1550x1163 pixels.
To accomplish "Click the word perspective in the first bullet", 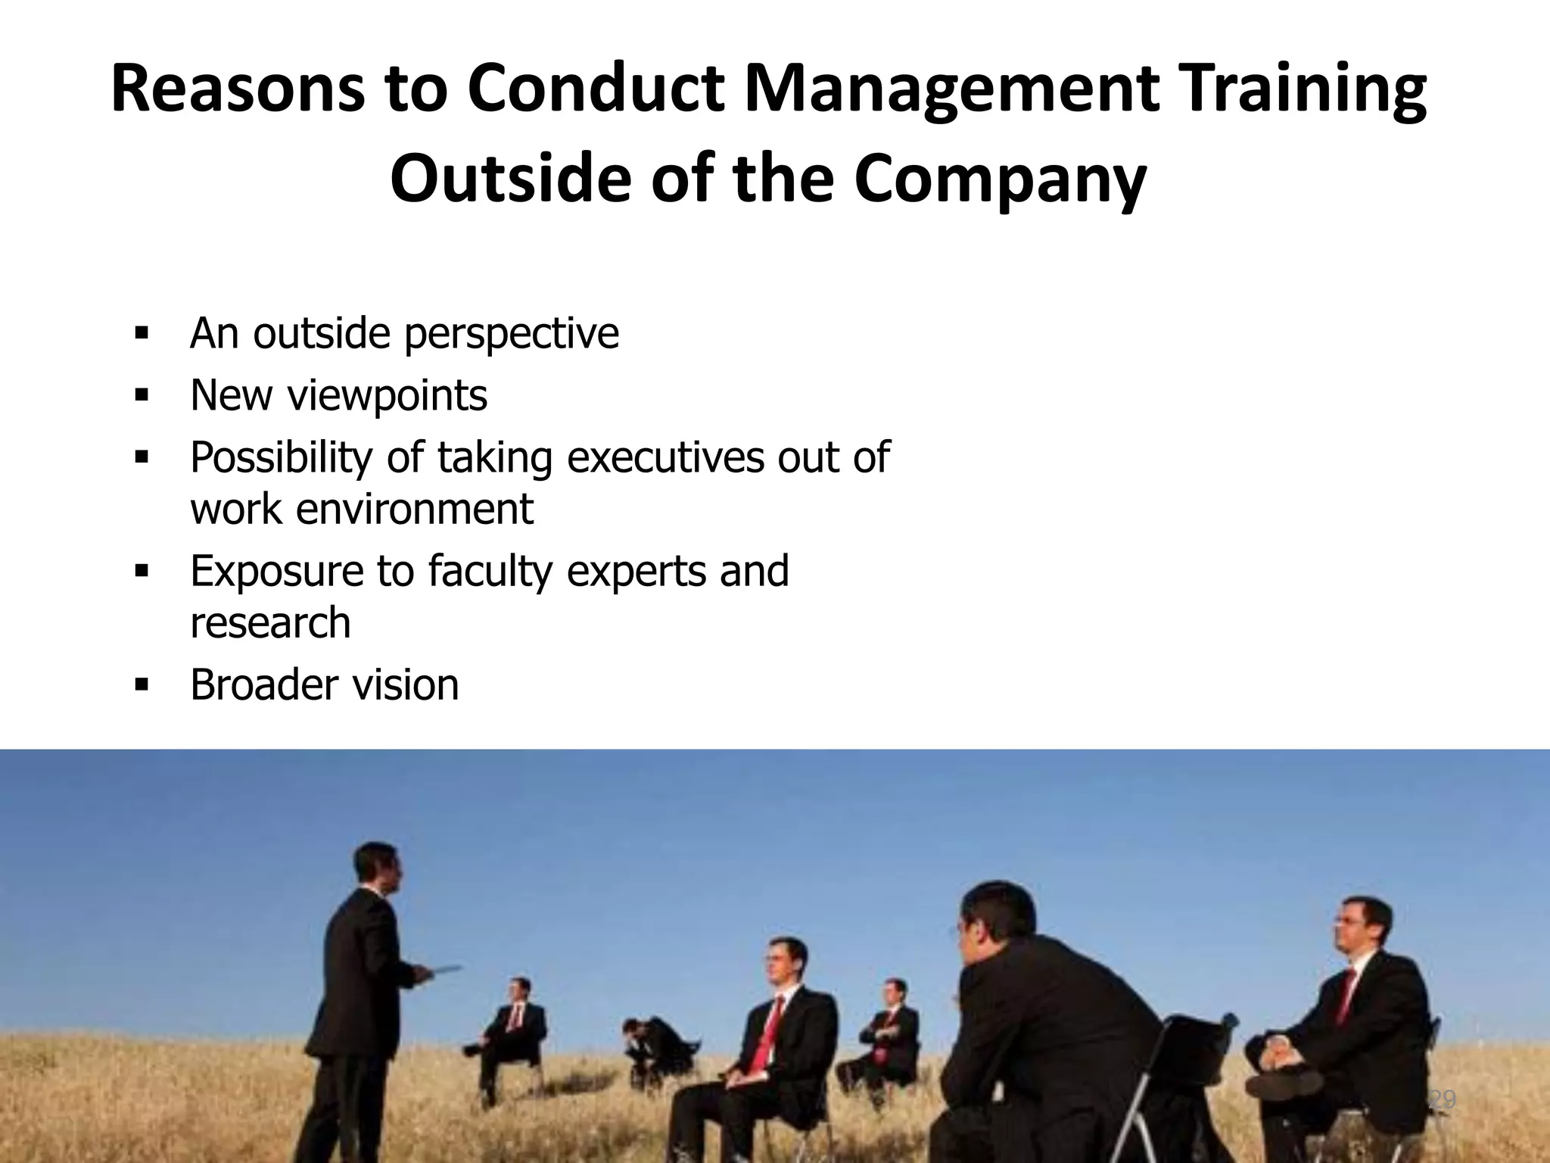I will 512,334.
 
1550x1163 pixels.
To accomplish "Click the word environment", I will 414,509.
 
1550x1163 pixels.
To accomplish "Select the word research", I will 270,622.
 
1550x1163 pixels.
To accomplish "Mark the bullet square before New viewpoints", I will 140,395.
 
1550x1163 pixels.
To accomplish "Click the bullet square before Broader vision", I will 140,684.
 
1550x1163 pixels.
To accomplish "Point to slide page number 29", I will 1443,1099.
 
